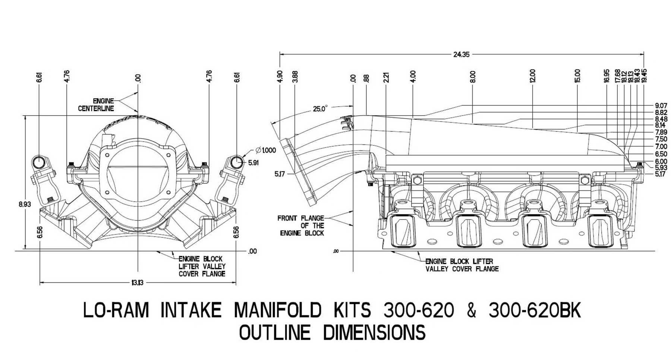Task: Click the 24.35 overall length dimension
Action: (461, 54)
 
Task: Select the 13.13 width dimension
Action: (137, 283)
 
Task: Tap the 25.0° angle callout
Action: (320, 109)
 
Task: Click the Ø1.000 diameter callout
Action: (266, 150)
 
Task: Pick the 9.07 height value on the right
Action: (661, 106)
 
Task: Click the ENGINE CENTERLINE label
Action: (96, 105)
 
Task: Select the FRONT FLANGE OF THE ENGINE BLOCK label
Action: (301, 225)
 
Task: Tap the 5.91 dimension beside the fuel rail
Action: (253, 163)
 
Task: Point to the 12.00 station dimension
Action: (532, 76)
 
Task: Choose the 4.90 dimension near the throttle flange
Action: (280, 76)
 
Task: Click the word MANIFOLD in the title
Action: (278, 310)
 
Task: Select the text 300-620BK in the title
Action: (535, 310)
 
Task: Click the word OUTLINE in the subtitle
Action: (274, 332)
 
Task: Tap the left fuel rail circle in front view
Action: (39, 162)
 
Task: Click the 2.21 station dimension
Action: (386, 77)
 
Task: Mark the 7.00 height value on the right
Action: (661, 147)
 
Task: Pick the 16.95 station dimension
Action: (607, 76)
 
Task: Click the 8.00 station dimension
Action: (473, 76)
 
